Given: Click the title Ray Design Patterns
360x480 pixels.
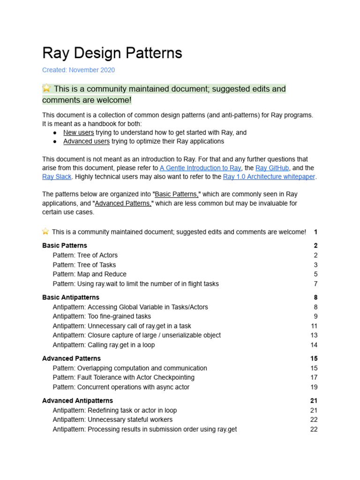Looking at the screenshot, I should tap(112, 53).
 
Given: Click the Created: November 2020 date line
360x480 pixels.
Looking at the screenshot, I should tap(78, 70).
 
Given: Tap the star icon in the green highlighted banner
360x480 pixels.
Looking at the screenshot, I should tap(46, 88).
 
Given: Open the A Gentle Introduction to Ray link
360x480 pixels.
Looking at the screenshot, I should tap(200, 168).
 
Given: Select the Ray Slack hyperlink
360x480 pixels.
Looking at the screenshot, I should tap(57, 177).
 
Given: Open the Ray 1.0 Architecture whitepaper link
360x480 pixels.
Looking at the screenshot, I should tap(269, 177).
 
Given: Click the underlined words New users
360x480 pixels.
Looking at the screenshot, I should tap(78, 132).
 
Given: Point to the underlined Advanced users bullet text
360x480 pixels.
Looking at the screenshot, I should tap(86, 141).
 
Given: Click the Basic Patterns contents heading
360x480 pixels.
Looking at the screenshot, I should tap(65, 245).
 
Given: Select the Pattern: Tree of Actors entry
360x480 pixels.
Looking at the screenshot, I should tap(85, 255).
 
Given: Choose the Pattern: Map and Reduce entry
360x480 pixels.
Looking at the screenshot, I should tap(89, 274).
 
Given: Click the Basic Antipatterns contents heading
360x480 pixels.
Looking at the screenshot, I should tap(70, 297).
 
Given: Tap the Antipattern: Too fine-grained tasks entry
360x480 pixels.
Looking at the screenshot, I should tap(101, 316).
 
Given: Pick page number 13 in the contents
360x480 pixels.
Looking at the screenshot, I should tap(314, 335).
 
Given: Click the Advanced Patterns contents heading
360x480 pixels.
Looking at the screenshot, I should tap(71, 359).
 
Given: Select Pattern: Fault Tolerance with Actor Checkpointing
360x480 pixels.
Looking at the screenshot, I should tap(123, 377).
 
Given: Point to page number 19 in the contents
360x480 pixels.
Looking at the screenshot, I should tap(314, 387).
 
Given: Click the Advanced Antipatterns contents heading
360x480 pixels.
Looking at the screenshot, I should tap(77, 401).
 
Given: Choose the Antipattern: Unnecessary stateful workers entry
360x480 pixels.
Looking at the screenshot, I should tap(112, 420).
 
